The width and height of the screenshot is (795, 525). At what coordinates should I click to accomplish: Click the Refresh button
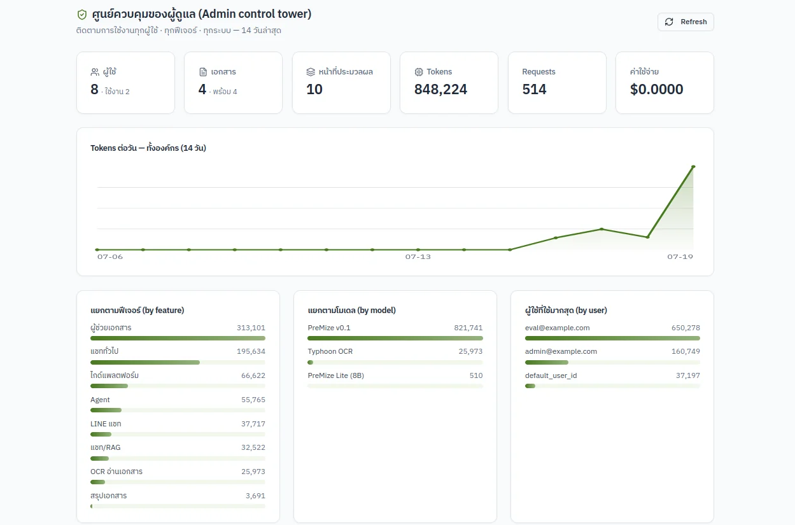(686, 22)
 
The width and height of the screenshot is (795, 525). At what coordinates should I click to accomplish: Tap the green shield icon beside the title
(82, 15)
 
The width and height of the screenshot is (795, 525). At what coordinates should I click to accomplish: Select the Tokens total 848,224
(440, 89)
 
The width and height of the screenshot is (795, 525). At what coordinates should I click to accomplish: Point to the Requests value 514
(534, 89)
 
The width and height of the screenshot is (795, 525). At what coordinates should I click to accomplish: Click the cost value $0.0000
(656, 89)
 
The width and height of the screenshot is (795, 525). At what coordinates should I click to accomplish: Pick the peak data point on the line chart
(693, 167)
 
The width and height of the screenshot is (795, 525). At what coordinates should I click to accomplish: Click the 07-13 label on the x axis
(418, 257)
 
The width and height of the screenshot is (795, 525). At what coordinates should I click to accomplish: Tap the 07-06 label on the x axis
(110, 257)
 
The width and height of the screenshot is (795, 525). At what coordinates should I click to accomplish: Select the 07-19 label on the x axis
(680, 257)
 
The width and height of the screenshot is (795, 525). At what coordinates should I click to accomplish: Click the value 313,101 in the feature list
(251, 328)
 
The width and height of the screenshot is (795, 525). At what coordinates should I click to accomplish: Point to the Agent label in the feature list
(100, 400)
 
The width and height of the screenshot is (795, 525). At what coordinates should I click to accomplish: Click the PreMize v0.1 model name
(329, 328)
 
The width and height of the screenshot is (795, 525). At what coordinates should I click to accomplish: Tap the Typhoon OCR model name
(330, 351)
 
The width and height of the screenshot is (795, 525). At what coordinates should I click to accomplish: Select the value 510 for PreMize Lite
(476, 375)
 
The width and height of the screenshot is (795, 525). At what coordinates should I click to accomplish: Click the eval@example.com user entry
(557, 328)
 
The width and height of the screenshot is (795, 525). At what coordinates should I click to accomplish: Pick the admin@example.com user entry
(561, 351)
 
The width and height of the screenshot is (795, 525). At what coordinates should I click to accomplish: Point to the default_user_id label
(551, 375)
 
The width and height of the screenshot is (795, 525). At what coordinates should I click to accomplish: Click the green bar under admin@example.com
(547, 363)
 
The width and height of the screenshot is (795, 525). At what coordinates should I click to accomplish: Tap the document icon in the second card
(203, 72)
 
